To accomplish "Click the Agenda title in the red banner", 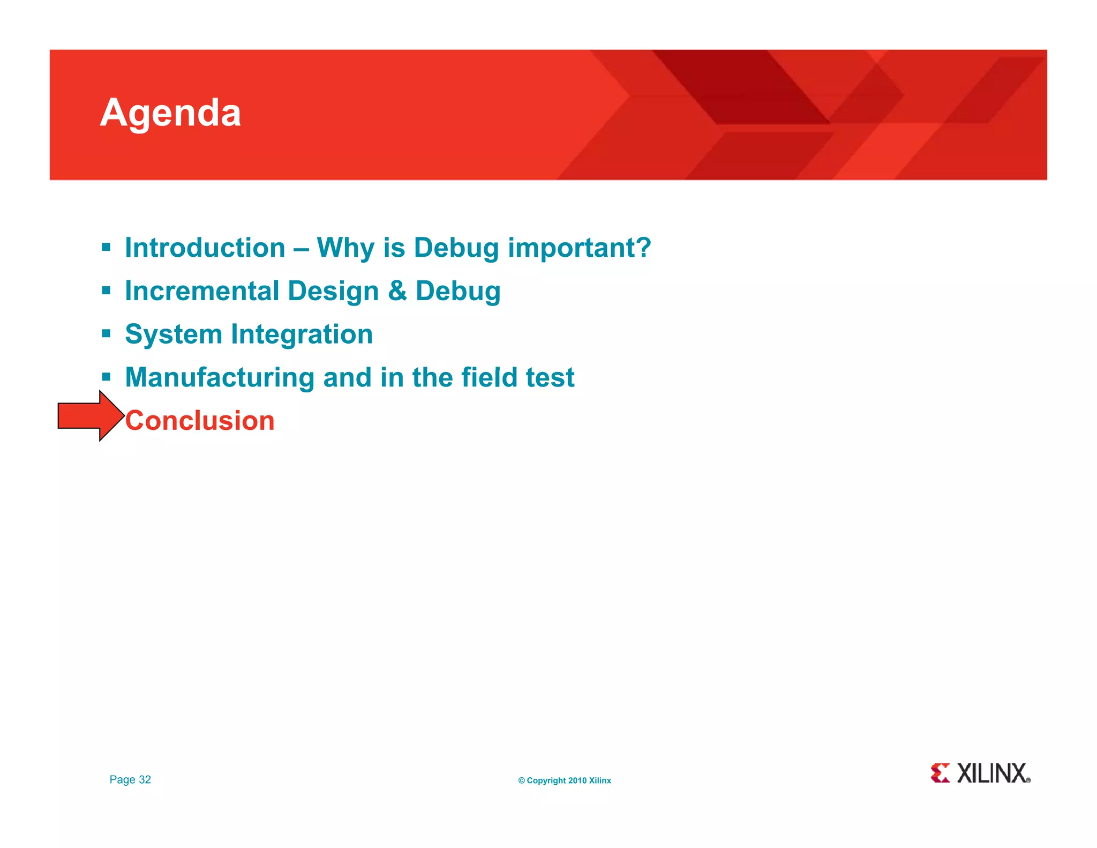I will [170, 113].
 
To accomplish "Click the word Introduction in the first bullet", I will [205, 248].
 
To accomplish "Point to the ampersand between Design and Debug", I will [397, 291].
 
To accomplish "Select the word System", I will [174, 335].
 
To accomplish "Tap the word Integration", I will [302, 334].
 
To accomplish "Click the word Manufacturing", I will [220, 377].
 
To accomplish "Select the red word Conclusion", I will [200, 421].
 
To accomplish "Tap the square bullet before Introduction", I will [106, 248].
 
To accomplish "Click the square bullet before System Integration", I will [106, 334].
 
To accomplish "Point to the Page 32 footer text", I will [130, 779].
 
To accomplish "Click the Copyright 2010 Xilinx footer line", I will [565, 780].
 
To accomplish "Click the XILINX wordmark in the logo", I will [993, 773].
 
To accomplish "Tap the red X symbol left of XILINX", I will [940, 773].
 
